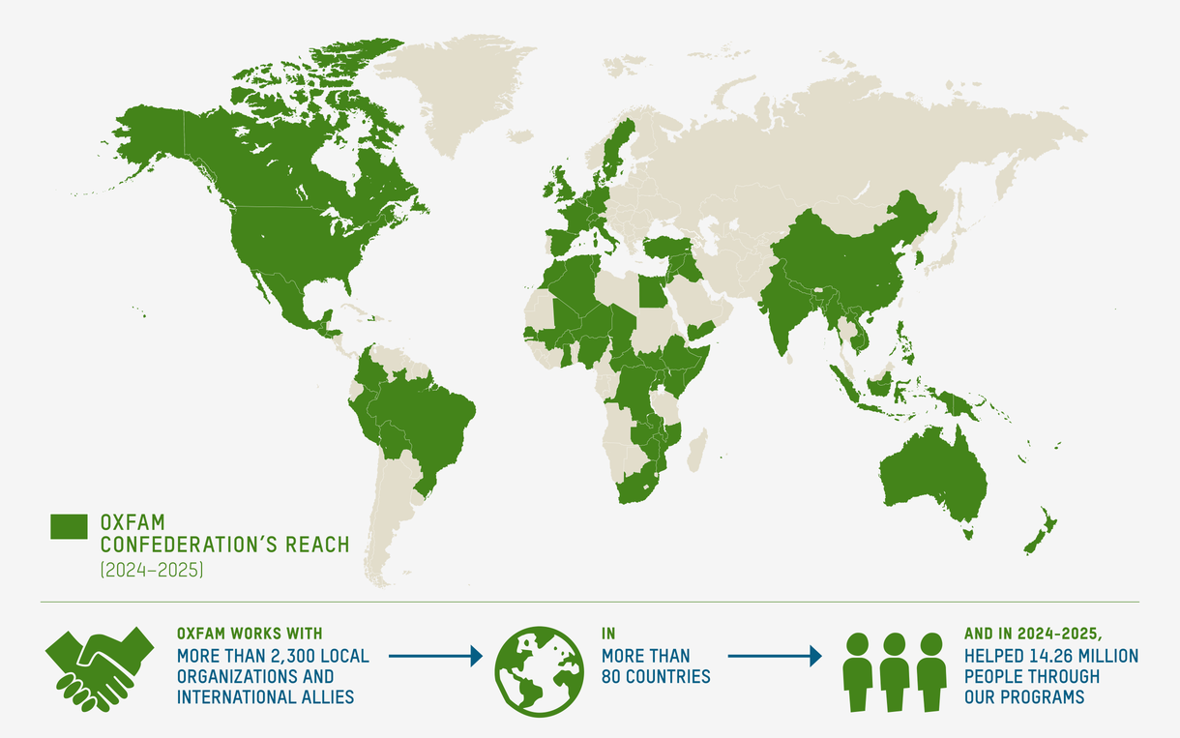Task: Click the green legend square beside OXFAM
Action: coord(69,525)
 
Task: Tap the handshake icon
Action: coord(100,667)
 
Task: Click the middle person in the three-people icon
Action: coord(894,671)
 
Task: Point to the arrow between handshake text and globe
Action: coord(435,657)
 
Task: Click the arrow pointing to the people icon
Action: coord(774,657)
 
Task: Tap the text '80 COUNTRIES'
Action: coord(656,677)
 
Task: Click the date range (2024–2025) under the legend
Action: coord(151,571)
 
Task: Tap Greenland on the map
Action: coord(455,87)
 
